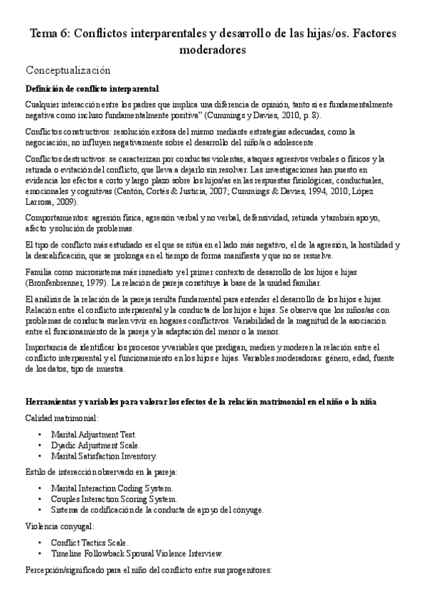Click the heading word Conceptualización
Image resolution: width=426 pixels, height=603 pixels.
pyautogui.click(x=68, y=70)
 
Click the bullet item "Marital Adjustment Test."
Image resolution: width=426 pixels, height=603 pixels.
pyautogui.click(x=94, y=434)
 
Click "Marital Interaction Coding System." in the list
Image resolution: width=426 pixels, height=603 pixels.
pyautogui.click(x=112, y=489)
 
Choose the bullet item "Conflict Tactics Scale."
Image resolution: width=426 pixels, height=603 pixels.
pyautogui.click(x=90, y=543)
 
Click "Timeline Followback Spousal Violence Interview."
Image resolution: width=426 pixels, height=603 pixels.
pyautogui.click(x=137, y=553)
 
